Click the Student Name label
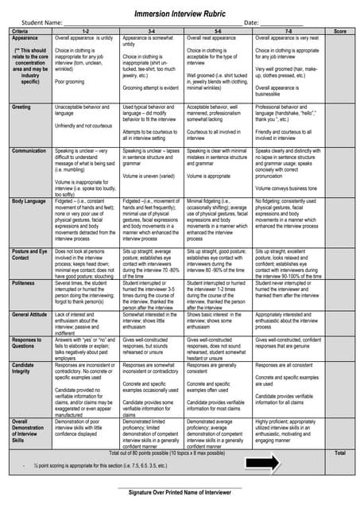[x=42, y=24]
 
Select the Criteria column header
[x=21, y=31]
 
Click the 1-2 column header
[x=86, y=31]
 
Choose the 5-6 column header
[x=218, y=31]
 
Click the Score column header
[x=340, y=31]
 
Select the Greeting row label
[x=22, y=106]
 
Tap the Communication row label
[x=29, y=150]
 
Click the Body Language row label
[x=29, y=201]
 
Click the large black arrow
[x=269, y=463]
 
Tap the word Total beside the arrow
[x=340, y=453]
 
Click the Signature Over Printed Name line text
[x=180, y=494]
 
